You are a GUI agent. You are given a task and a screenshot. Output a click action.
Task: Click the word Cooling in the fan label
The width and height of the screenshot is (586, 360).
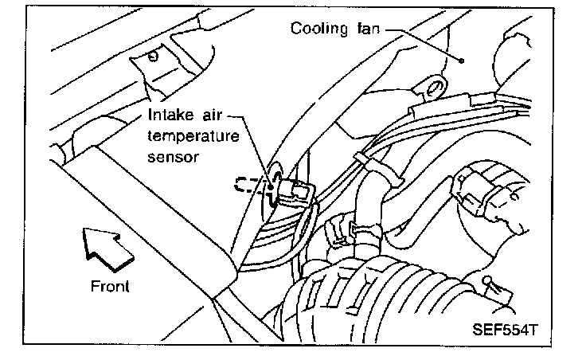point(318,29)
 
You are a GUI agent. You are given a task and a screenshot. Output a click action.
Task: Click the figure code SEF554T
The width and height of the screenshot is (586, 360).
point(500,330)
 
